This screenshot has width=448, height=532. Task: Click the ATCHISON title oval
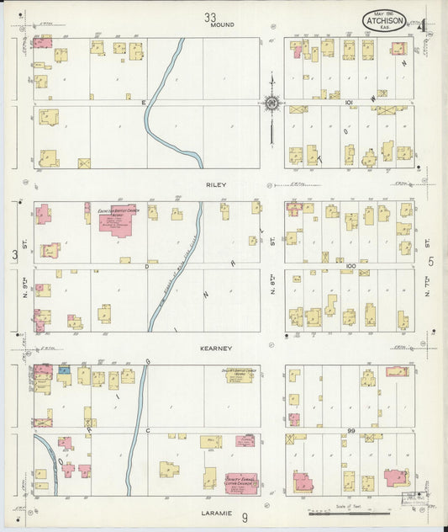[386, 20]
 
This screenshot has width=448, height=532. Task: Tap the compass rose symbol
[271, 104]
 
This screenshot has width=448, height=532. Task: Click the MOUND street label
[222, 25]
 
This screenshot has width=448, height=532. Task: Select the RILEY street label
[216, 182]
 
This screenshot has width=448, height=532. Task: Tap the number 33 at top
[210, 15]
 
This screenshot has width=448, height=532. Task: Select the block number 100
[351, 265]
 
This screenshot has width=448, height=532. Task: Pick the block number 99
[353, 430]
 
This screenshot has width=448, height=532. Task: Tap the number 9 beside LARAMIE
[245, 519]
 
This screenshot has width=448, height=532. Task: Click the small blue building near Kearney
[63, 370]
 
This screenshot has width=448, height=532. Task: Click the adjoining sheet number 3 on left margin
[14, 254]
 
